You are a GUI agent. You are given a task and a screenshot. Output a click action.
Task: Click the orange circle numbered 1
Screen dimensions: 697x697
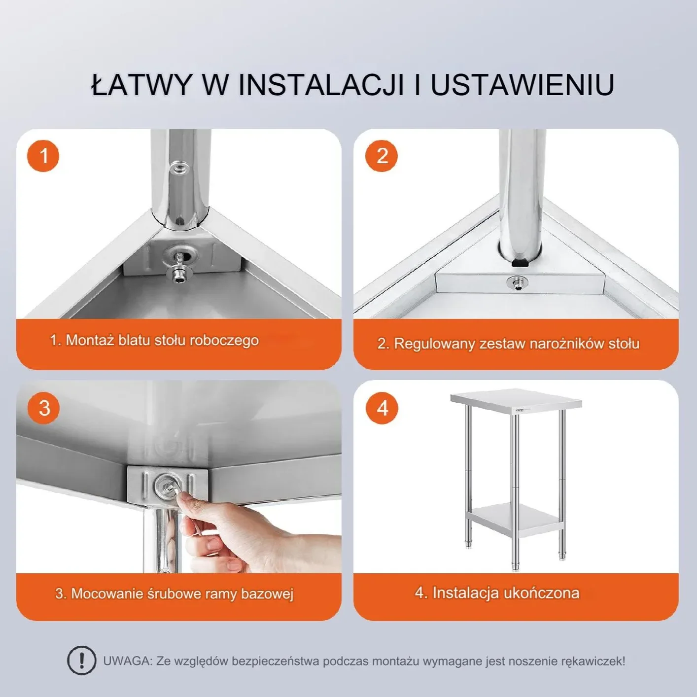click(43, 156)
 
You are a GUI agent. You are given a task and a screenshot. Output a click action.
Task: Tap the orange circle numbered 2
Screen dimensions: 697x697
click(381, 156)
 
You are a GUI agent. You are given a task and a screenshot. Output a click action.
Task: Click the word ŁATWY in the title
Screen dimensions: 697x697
click(141, 85)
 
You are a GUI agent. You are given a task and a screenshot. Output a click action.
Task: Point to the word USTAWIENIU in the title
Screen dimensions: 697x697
click(522, 85)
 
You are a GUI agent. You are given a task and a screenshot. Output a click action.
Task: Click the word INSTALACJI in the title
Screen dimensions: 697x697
click(321, 85)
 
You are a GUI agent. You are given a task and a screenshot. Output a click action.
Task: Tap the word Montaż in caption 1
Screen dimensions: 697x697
click(90, 340)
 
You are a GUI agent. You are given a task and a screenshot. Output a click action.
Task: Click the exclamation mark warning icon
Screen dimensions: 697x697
click(81, 661)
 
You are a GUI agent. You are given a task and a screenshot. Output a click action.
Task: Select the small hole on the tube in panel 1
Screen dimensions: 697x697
click(178, 169)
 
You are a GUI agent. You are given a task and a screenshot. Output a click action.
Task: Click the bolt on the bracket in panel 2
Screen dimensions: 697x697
click(517, 283)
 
